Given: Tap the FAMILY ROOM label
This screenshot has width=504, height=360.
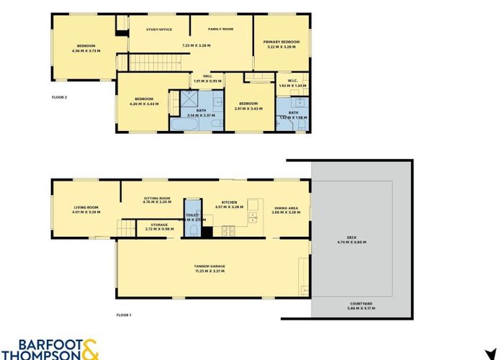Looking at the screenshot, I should [221, 30].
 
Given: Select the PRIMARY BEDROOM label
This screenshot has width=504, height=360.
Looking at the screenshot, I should [281, 42].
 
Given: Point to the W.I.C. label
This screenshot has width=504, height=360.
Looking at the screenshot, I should [292, 81].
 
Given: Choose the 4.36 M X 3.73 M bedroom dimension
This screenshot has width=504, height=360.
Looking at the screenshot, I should [84, 51].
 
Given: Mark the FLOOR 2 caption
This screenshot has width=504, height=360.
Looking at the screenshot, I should [60, 96].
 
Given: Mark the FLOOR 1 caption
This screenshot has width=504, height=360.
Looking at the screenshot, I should [124, 315].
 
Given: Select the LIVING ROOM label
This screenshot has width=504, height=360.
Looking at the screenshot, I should [85, 207].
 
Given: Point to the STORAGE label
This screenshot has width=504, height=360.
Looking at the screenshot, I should [159, 225].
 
